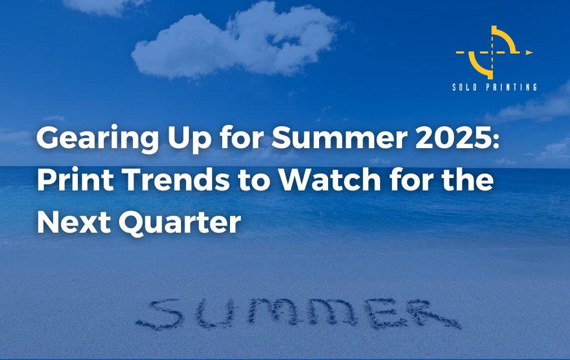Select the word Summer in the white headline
339,137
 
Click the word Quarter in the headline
180,223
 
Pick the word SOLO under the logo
465,87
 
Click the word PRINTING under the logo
511,87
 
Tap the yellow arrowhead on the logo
529,52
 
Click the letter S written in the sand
160,314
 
